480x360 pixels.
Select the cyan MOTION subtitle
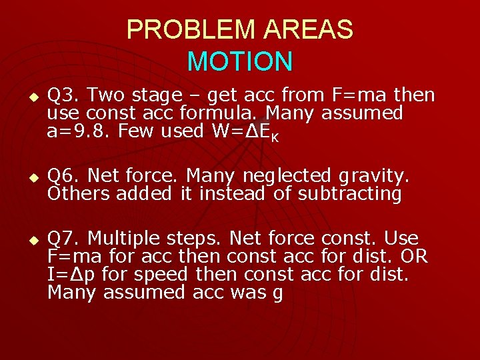pyautogui.click(x=240, y=61)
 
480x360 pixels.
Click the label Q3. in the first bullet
pyautogui.click(x=65, y=95)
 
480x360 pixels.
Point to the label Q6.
pyautogui.click(x=65, y=175)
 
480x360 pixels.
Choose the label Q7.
pyautogui.click(x=65, y=238)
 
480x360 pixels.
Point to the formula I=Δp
pyautogui.click(x=74, y=274)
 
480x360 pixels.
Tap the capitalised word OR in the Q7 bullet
pyautogui.click(x=413, y=256)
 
